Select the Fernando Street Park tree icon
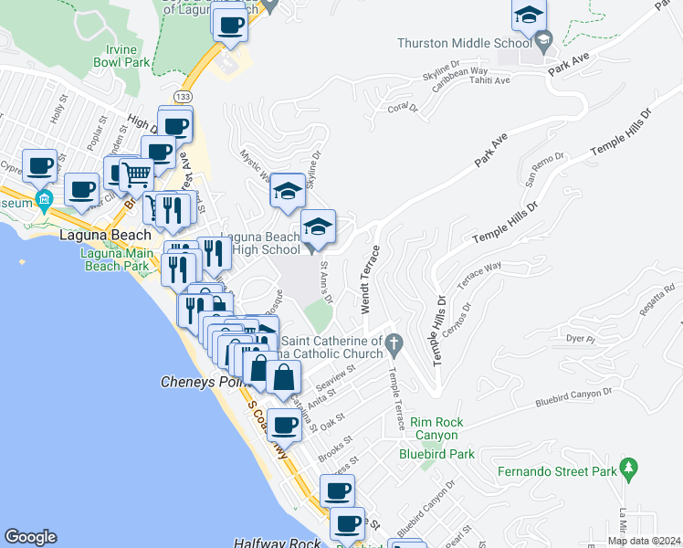tap(627, 469)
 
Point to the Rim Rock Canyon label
tap(436, 428)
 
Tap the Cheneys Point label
tap(205, 382)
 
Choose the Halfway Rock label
tap(278, 543)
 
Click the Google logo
tap(30, 537)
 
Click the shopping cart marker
tap(136, 174)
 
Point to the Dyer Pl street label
tap(581, 340)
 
